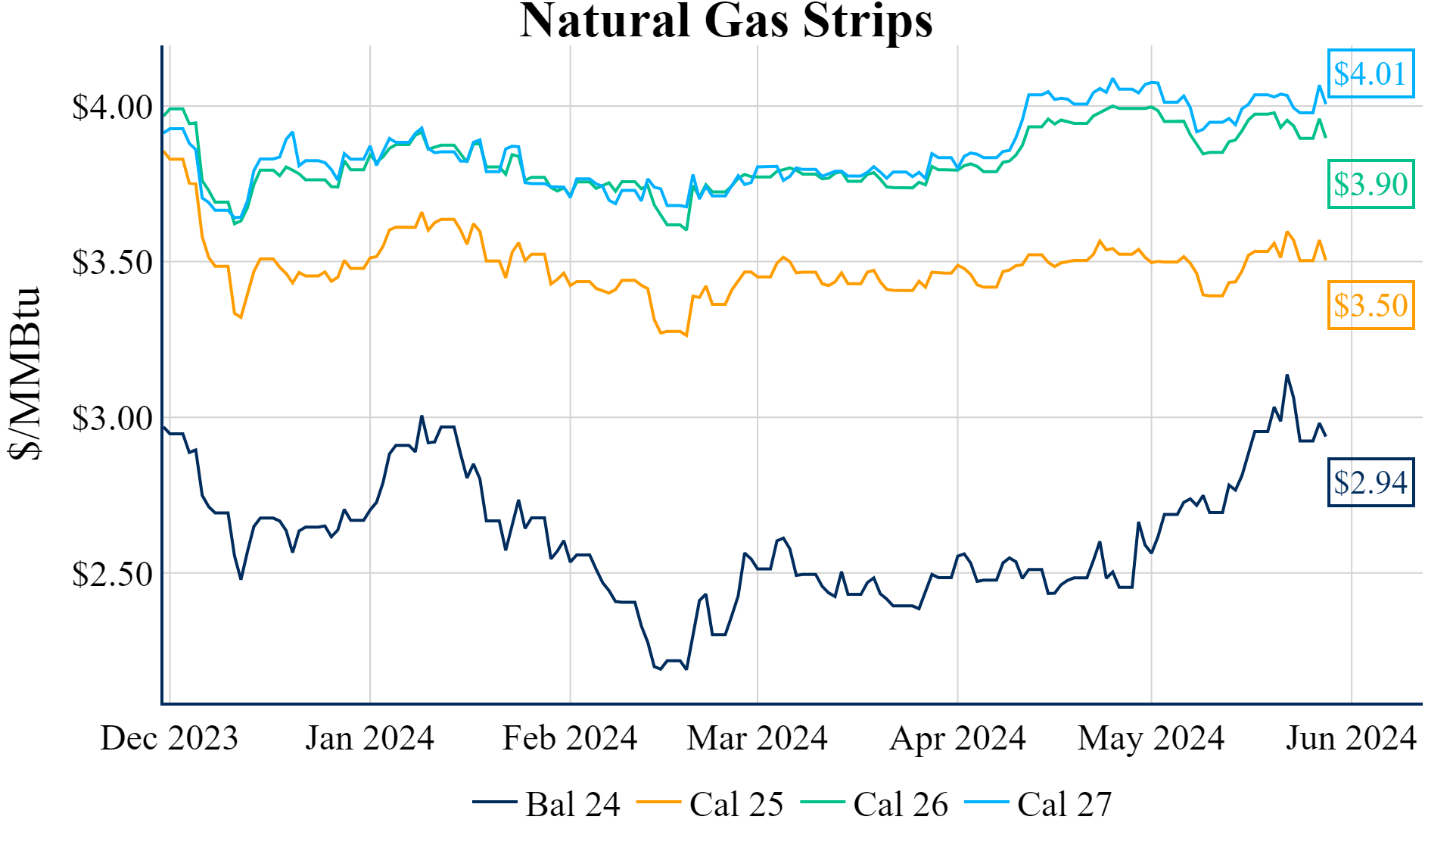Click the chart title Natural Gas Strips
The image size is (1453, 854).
click(726, 21)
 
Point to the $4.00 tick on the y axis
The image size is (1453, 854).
click(112, 107)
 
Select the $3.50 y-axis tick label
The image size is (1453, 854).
click(112, 263)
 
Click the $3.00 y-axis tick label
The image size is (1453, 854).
click(112, 419)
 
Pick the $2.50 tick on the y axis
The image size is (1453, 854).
click(112, 575)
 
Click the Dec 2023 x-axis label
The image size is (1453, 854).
click(170, 738)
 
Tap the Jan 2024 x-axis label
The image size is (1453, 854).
click(369, 738)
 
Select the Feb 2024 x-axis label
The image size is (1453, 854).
click(570, 738)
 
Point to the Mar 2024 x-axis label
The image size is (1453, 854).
click(757, 738)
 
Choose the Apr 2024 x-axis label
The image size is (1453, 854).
click(957, 738)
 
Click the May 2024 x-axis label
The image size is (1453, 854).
click(1151, 738)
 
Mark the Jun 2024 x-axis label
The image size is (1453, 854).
click(1351, 738)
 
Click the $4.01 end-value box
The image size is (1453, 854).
click(1371, 74)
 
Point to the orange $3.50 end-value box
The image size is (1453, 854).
click(1371, 306)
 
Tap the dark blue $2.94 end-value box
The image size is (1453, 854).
click(1371, 482)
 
